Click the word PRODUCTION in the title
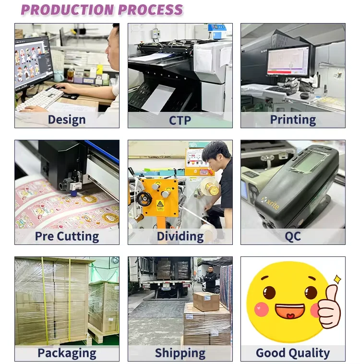point(67,10)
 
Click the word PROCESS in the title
point(151,10)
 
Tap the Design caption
point(67,120)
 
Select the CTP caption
point(180,121)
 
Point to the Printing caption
point(293,120)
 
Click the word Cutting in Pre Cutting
point(78,236)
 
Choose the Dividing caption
point(180,236)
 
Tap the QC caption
point(293,237)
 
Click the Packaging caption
point(67,353)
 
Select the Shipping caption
point(180,353)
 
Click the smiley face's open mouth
point(290,311)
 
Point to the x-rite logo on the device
point(270,203)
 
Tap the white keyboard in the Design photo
point(40,99)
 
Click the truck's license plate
point(166,288)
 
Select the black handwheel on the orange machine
point(144,199)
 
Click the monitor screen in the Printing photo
point(288,61)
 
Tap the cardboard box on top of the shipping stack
point(206,301)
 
